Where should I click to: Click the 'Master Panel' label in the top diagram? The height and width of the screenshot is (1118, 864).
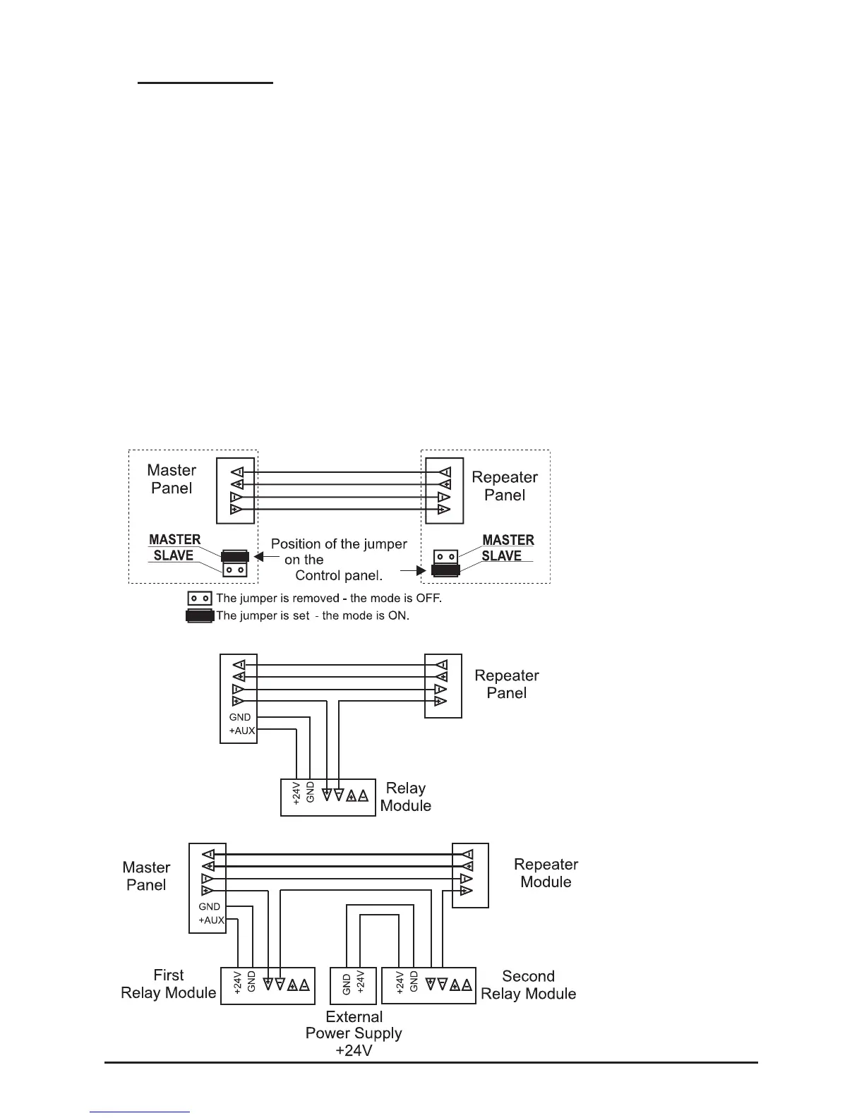172,479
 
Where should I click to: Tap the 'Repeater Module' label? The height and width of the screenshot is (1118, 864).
546,873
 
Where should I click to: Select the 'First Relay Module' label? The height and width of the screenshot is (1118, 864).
169,984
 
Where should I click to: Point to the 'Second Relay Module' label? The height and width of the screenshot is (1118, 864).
528,985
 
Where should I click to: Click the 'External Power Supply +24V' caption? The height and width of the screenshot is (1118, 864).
354,1033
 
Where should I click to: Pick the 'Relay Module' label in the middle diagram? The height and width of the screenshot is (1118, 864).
406,797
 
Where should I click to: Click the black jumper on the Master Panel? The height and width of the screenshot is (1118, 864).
234,555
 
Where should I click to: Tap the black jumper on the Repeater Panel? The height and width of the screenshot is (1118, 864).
445,570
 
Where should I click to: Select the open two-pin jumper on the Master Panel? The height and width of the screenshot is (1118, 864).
234,570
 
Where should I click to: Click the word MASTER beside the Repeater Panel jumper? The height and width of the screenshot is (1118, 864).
508,540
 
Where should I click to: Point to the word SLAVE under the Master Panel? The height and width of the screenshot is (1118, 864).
174,555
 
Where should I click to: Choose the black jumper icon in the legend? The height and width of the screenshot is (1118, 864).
199,615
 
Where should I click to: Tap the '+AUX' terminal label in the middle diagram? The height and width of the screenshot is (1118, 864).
241,731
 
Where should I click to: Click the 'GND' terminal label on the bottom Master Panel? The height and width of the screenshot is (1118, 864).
209,906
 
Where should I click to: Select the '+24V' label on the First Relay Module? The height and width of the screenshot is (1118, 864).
238,982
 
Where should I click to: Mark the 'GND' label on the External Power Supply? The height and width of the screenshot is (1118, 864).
347,984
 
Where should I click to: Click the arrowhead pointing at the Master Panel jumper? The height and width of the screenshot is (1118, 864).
258,556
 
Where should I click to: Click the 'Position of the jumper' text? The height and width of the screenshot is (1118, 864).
339,544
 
